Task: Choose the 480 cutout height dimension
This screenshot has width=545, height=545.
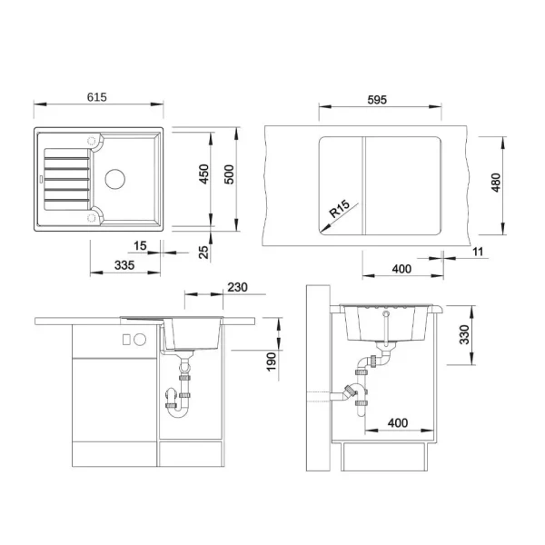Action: (x=495, y=183)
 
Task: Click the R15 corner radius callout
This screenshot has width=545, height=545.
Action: (x=341, y=213)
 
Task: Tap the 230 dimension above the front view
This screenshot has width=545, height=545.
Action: (x=238, y=287)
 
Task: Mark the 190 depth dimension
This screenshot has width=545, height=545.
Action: (x=271, y=362)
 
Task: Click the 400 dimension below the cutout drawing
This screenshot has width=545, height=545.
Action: (x=401, y=269)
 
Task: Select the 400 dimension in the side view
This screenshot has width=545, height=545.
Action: (x=396, y=423)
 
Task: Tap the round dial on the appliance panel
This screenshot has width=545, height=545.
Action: (x=141, y=340)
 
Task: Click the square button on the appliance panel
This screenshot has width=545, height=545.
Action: (x=124, y=340)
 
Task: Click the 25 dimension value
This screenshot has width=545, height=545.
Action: (x=205, y=250)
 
